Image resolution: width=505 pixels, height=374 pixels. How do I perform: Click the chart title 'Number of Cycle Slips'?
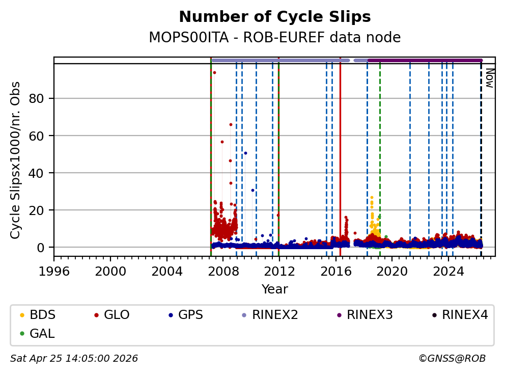pyautogui.click(x=274, y=17)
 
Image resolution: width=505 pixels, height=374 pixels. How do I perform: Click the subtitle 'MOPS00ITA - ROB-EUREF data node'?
pyautogui.click(x=274, y=38)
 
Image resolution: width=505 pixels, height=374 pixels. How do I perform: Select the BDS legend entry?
pyautogui.click(x=42, y=315)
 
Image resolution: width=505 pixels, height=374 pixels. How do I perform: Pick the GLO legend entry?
pyautogui.click(x=116, y=315)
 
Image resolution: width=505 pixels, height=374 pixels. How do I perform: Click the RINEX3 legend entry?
pyautogui.click(x=370, y=315)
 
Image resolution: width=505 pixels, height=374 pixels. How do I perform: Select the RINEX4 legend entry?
pyautogui.click(x=465, y=315)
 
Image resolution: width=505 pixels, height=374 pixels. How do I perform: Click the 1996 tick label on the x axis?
pyautogui.click(x=54, y=271)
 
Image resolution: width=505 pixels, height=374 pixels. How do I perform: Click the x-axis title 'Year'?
pyautogui.click(x=274, y=289)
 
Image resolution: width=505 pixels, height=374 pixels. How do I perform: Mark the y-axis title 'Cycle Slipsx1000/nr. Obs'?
pyautogui.click(x=16, y=160)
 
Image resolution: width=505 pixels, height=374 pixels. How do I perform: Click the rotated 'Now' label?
pyautogui.click(x=489, y=77)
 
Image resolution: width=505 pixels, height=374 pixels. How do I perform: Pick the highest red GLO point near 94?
pyautogui.click(x=214, y=72)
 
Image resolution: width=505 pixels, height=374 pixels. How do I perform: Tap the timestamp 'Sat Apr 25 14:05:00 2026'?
pyautogui.click(x=74, y=359)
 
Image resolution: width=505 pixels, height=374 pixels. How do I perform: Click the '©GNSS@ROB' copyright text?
pyautogui.click(x=452, y=359)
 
